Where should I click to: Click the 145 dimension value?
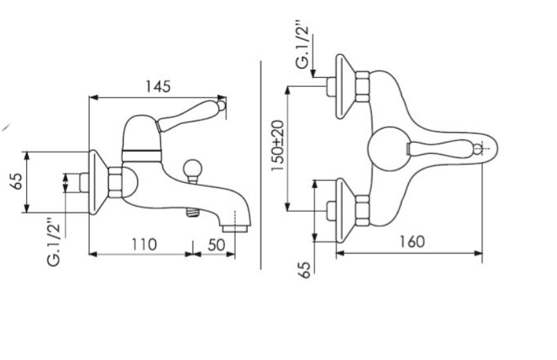point(158,86)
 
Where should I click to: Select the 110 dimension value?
point(144,244)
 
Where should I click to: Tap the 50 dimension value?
point(216,244)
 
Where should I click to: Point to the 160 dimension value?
point(412,242)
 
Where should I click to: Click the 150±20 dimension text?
point(278,145)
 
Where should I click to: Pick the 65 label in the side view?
point(17,181)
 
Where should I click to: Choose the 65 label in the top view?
point(305,270)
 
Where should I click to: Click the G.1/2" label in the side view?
point(54,242)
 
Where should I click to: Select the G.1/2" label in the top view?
point(303,46)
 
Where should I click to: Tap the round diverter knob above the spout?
point(192,169)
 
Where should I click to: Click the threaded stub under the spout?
point(193,213)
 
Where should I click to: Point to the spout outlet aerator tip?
point(234,228)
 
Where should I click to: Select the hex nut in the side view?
point(115,182)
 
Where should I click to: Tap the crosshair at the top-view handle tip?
point(479,149)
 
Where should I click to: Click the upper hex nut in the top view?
point(362,87)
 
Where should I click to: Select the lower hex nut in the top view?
point(362,211)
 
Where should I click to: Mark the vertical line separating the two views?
point(261,165)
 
